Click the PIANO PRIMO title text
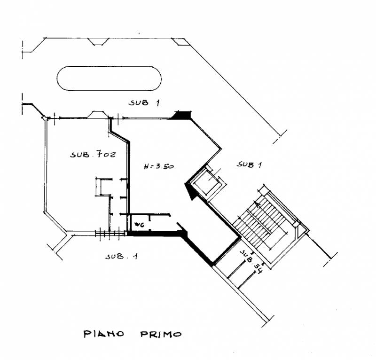point(133,334)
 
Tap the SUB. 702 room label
point(93,154)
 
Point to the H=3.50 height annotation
point(159,166)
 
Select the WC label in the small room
point(139,225)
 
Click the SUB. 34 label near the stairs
point(251,262)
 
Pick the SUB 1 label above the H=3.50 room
point(144,102)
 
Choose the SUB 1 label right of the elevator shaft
point(249,164)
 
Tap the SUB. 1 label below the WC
point(122,257)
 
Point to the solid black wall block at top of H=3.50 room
point(183,115)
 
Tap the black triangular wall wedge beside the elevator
point(190,191)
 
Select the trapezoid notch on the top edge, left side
point(98,41)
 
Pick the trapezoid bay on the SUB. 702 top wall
point(98,114)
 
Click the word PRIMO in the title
point(161,334)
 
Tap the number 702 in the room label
point(106,154)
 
